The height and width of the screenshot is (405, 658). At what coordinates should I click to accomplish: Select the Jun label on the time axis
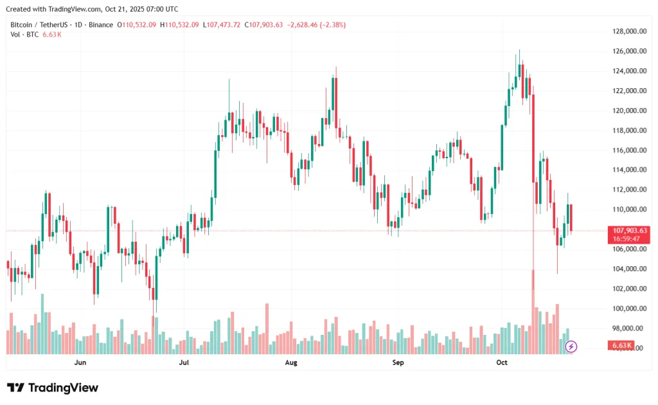click(x=80, y=363)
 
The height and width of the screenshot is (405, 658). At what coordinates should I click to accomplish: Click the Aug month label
click(x=291, y=363)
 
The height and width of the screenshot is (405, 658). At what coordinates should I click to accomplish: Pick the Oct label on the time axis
click(x=502, y=363)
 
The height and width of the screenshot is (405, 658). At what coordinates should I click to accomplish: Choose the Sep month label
click(x=398, y=363)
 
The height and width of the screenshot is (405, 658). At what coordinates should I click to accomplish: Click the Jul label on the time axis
click(x=184, y=363)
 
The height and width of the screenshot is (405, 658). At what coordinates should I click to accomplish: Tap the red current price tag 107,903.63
click(x=630, y=230)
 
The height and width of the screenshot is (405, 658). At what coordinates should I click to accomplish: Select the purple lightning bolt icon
click(x=571, y=346)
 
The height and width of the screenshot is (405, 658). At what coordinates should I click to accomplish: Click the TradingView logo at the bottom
click(x=53, y=388)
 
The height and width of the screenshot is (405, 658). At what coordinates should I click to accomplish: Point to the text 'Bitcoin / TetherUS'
click(x=39, y=25)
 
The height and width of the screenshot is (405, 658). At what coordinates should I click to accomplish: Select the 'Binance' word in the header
click(x=100, y=25)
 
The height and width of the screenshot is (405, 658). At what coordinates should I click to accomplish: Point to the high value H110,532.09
click(x=180, y=25)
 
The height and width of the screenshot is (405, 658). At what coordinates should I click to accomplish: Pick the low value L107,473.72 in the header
click(x=222, y=25)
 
